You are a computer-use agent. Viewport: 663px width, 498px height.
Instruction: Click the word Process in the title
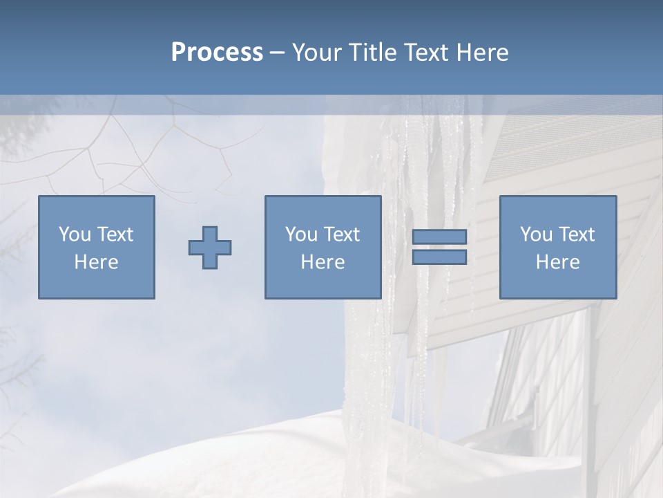[217, 53]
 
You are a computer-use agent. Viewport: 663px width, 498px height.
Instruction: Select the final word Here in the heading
[482, 53]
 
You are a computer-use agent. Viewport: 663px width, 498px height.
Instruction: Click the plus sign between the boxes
[210, 248]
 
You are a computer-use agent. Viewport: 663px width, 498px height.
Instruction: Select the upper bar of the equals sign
[439, 237]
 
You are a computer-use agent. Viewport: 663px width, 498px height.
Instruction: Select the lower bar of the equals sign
[439, 257]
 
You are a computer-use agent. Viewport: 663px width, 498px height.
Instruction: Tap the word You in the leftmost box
[74, 234]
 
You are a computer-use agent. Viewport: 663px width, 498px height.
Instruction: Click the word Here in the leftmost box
[97, 262]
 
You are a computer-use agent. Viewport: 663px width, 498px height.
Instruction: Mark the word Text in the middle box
[341, 234]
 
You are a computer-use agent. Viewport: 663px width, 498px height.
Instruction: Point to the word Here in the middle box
[323, 262]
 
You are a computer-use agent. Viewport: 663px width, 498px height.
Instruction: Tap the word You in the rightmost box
[535, 234]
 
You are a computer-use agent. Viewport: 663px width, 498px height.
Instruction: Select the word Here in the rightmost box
[558, 262]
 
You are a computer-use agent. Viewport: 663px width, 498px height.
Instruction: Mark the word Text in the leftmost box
[115, 234]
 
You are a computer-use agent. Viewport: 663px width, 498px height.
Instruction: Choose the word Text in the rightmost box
[576, 234]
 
